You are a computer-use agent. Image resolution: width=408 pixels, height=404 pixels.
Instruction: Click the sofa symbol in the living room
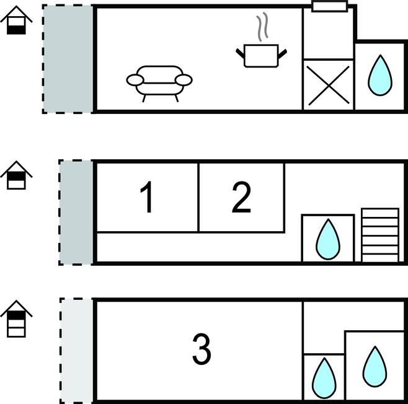(159, 83)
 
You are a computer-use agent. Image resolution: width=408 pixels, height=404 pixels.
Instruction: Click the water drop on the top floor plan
(380, 75)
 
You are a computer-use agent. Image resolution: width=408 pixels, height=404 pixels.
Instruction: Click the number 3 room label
(202, 349)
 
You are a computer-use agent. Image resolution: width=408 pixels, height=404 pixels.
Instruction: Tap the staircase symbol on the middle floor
(379, 235)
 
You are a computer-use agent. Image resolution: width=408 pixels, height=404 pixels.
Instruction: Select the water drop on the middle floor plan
(327, 240)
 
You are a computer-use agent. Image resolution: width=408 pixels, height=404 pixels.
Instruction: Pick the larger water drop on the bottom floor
(375, 365)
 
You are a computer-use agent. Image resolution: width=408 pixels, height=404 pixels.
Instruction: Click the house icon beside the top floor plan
(17, 23)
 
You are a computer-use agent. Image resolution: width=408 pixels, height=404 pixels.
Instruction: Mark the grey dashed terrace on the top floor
(68, 59)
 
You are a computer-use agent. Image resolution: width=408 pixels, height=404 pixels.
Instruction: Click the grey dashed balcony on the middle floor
(76, 212)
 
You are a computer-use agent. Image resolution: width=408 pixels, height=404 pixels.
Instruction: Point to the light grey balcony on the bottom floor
(77, 350)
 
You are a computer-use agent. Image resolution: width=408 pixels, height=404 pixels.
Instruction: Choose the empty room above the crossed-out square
(328, 34)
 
